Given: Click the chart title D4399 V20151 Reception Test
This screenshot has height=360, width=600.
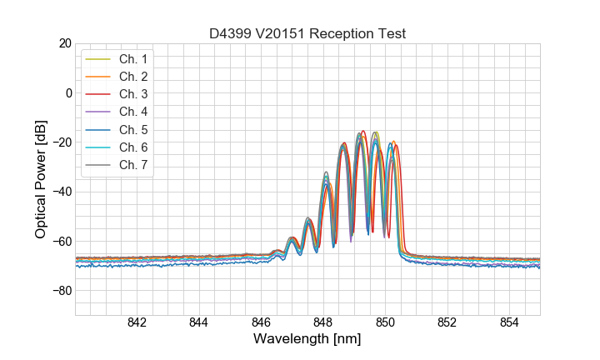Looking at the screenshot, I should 307,33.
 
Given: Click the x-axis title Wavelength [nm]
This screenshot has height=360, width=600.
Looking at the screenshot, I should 307,339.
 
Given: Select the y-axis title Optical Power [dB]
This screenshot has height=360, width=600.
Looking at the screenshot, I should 41,179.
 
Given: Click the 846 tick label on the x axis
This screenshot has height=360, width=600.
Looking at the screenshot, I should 261,322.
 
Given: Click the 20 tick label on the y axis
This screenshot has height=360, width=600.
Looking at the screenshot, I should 64,43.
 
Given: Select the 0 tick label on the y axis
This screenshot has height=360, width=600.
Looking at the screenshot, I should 67,92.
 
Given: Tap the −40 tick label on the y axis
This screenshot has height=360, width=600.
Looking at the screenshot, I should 61,192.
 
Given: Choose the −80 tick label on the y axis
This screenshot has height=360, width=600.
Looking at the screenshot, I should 61,291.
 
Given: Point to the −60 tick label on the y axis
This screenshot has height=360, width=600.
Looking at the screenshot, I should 61,242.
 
